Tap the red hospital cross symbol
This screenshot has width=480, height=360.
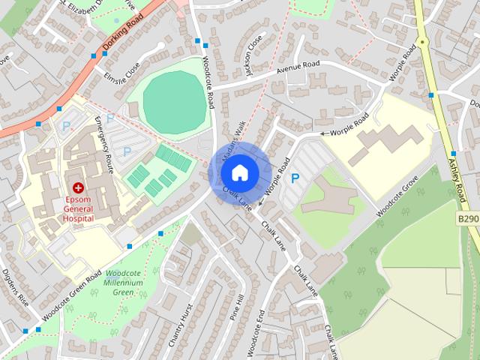(x=78, y=187)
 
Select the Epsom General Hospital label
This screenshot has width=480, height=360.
(x=78, y=208)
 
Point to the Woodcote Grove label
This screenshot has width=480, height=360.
(x=397, y=197)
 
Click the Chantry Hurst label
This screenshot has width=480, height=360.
(x=177, y=325)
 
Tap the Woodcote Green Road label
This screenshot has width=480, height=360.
(x=72, y=296)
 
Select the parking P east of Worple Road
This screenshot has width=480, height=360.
(x=295, y=178)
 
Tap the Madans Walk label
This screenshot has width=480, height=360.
(x=232, y=140)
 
